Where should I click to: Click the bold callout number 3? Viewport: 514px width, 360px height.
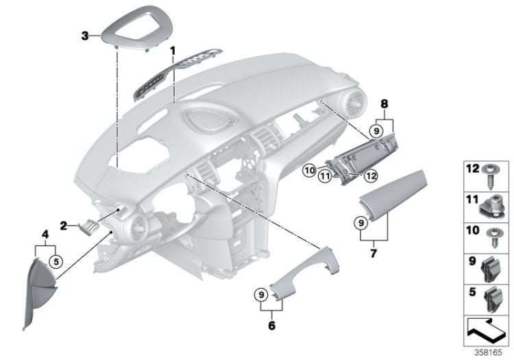85,36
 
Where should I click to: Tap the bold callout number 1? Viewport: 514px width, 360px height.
173,51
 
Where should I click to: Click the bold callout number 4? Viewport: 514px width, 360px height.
45,234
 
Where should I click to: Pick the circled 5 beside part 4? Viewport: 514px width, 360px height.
56,262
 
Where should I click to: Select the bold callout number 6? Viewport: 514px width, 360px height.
272,326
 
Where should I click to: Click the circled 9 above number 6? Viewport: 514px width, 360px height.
261,295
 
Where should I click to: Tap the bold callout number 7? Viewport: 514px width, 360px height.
374,253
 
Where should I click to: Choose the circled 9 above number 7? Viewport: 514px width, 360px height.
361,223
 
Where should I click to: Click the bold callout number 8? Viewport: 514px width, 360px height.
384,104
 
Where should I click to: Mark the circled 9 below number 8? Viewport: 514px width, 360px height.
376,131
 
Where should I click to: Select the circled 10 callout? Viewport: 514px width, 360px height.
310,170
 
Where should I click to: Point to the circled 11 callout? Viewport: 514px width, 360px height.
325,176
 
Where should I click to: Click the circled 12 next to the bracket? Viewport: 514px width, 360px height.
371,176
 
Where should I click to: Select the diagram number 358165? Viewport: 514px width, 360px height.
488,352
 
